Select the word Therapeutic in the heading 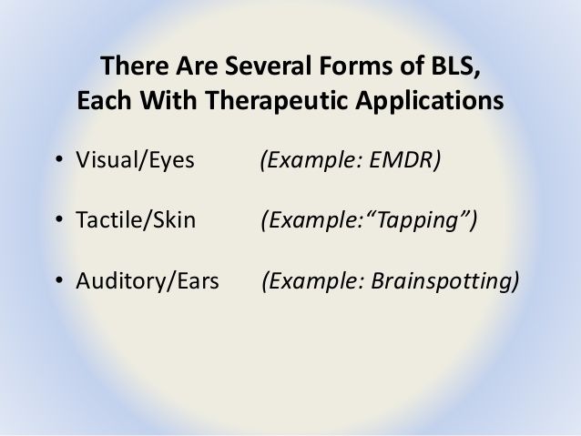click(277, 101)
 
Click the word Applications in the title click(430, 101)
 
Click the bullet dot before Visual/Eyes click(59, 159)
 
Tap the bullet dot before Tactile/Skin click(59, 219)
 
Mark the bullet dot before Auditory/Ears click(59, 280)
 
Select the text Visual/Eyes click(135, 160)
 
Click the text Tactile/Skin click(136, 219)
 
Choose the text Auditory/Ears click(148, 281)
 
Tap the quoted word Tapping click(418, 220)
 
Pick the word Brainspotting click(442, 281)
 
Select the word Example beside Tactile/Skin click(312, 220)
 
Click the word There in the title click(135, 66)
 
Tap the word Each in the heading click(104, 100)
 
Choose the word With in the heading click(168, 100)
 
